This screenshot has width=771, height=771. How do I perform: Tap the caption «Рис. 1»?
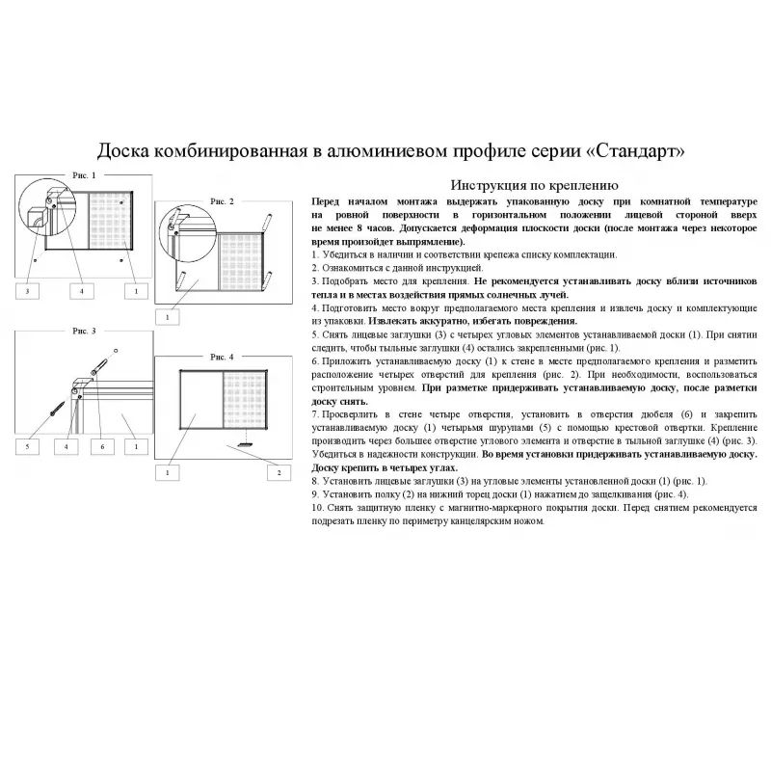[x=84, y=175]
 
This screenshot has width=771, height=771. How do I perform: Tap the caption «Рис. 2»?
[x=224, y=200]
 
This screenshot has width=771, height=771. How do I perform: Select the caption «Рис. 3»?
[x=84, y=331]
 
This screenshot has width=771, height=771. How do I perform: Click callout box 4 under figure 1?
[x=82, y=290]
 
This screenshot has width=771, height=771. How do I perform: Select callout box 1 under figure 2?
[x=167, y=316]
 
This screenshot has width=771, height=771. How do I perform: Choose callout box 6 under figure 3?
[x=101, y=447]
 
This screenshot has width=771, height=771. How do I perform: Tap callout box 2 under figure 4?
[x=279, y=472]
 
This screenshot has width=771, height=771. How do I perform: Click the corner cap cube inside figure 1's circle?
[x=39, y=215]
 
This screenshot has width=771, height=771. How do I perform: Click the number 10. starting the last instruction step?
[x=317, y=507]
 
